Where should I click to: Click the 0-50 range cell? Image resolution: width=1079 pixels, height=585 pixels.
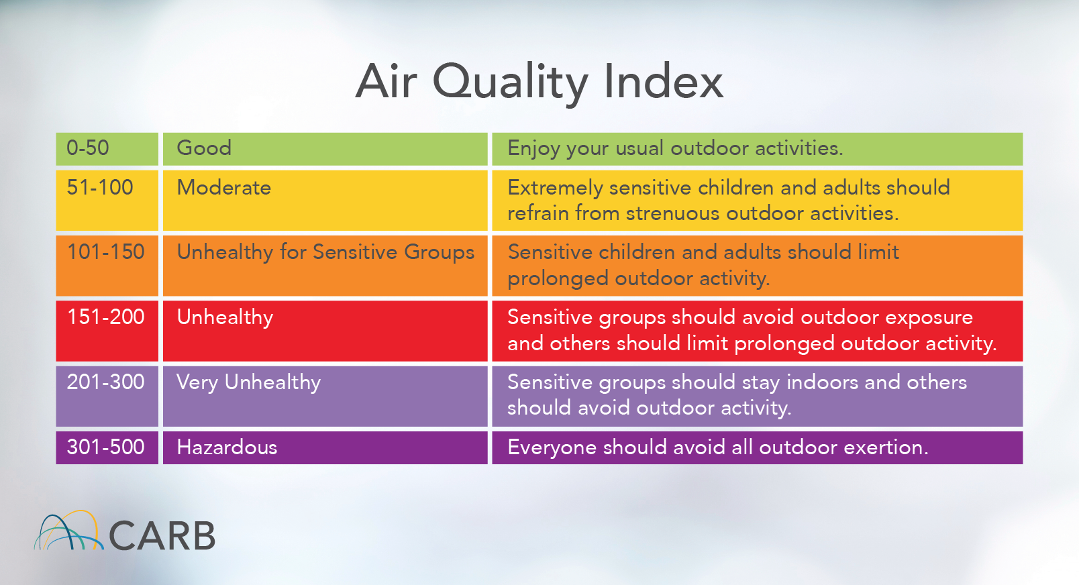point(88,148)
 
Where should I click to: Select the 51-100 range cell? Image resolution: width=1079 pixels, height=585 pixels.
point(100,188)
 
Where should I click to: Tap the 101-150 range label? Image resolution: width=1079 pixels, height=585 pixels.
point(106,252)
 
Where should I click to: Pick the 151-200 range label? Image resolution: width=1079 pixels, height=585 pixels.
point(106,317)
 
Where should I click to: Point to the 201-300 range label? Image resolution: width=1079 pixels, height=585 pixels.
point(106,382)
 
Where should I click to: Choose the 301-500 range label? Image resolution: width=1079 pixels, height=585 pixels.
point(106,447)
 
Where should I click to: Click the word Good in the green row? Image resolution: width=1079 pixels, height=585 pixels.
point(204,148)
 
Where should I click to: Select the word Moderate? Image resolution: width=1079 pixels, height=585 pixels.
point(224,188)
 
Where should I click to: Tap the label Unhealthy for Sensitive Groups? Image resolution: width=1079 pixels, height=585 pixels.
point(325,252)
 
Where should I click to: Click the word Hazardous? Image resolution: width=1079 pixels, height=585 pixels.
point(227,447)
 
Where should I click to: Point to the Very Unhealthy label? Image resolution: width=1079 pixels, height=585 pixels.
point(249,382)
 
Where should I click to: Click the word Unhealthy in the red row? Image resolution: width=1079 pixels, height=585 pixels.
point(225,317)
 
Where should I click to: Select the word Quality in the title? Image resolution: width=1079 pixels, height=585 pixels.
point(510,83)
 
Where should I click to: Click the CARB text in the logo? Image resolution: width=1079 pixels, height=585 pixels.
point(162,536)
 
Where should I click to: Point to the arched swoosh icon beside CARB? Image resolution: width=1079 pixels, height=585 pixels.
point(68,531)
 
